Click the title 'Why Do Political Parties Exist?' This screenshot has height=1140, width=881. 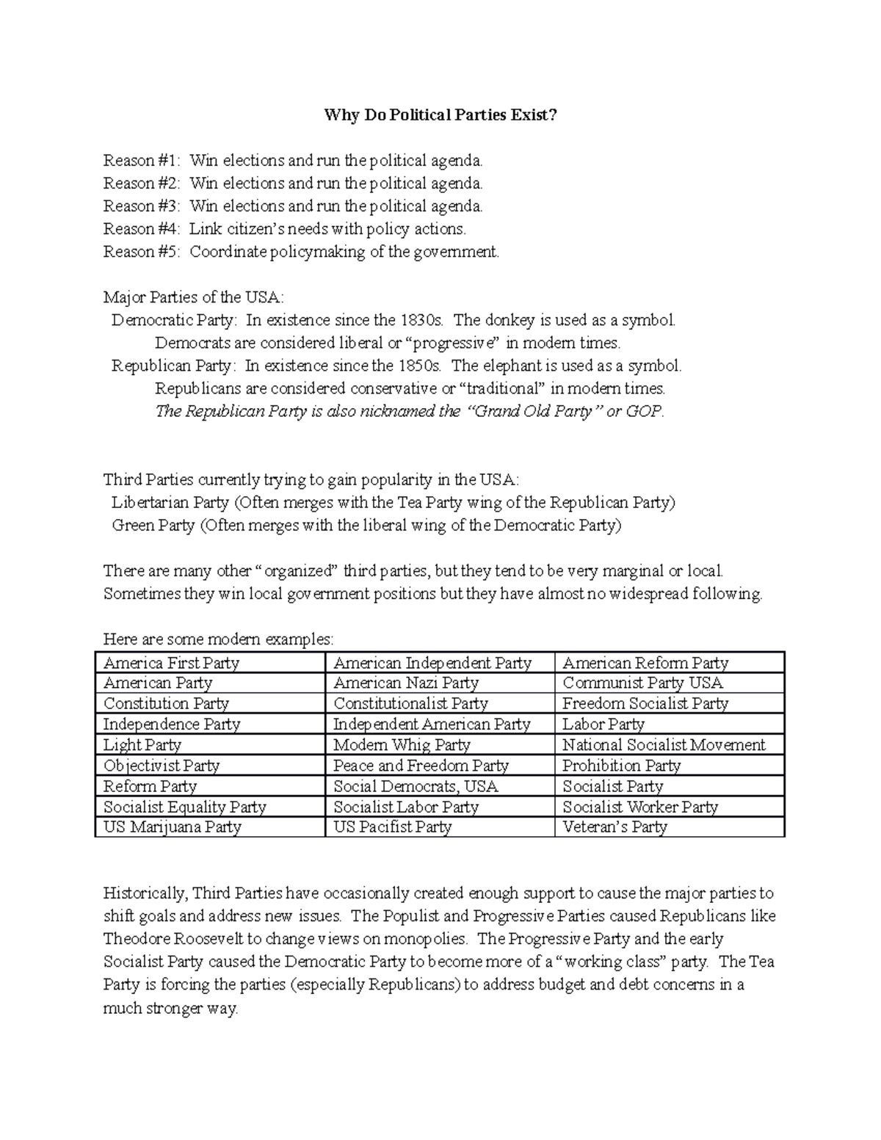tap(440, 115)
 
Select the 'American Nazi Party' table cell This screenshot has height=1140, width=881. tap(405, 683)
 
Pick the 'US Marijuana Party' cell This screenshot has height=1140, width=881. tap(172, 827)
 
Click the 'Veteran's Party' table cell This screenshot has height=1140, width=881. tap(614, 827)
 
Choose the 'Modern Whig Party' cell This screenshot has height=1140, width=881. tap(402, 745)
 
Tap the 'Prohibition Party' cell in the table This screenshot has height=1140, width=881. tap(621, 766)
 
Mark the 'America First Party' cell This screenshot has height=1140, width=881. tap(171, 663)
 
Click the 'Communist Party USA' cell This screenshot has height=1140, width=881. tap(642, 683)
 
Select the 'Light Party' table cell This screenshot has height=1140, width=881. tap(142, 745)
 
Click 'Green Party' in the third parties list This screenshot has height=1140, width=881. tap(153, 526)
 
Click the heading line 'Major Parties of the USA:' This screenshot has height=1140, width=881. tap(193, 297)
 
